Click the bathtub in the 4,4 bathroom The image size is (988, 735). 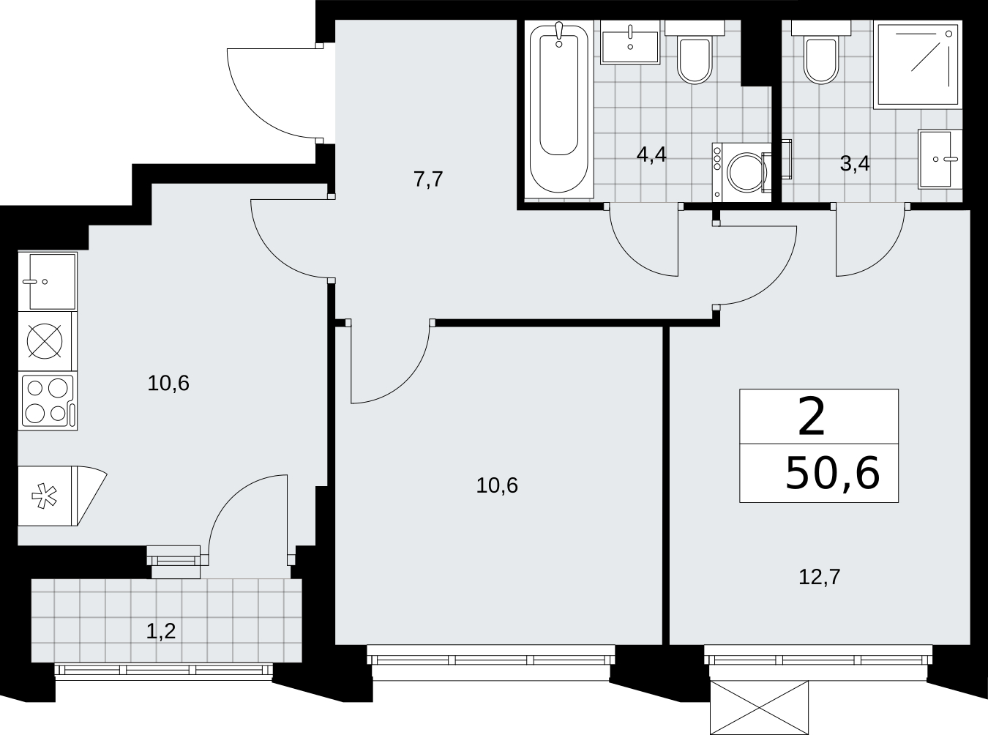pos(559,109)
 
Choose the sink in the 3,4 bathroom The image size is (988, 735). pos(940,159)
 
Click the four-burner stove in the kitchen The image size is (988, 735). pos(48,402)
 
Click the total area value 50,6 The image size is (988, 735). pos(832,474)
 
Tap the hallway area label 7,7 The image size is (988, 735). pos(428,179)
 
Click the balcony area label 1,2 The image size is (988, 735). pos(161,632)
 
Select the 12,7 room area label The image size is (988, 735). pos(819,577)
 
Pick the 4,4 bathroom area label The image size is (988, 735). pos(651,155)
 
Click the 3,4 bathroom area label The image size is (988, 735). pos(854,164)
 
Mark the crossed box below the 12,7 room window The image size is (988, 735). pos(759,708)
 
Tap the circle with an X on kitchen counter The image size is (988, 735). pos(45,341)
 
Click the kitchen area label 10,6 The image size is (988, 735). pos(168,384)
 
